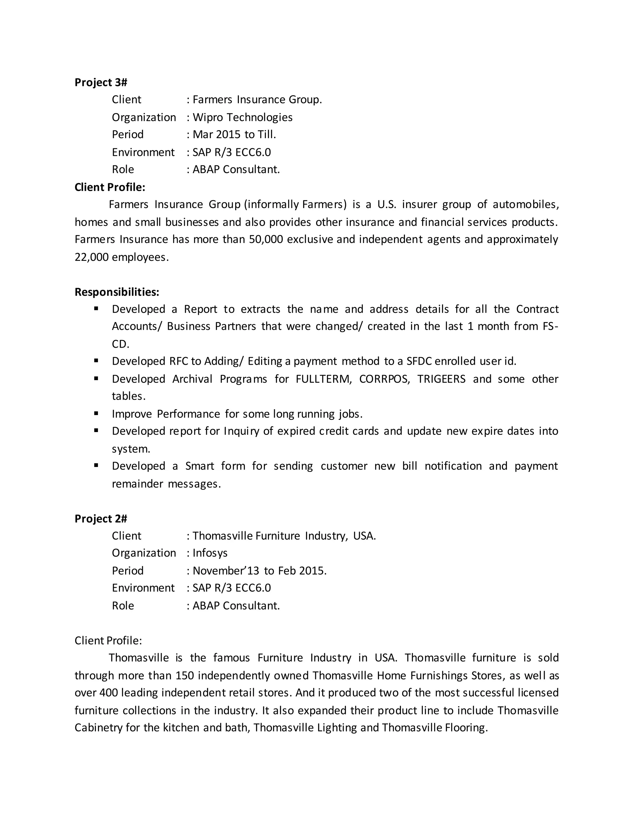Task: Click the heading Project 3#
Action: click(100, 82)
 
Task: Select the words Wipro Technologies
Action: click(242, 117)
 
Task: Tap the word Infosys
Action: click(210, 553)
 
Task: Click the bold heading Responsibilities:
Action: click(117, 292)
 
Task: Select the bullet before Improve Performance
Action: click(96, 413)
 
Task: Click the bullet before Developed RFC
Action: click(96, 361)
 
